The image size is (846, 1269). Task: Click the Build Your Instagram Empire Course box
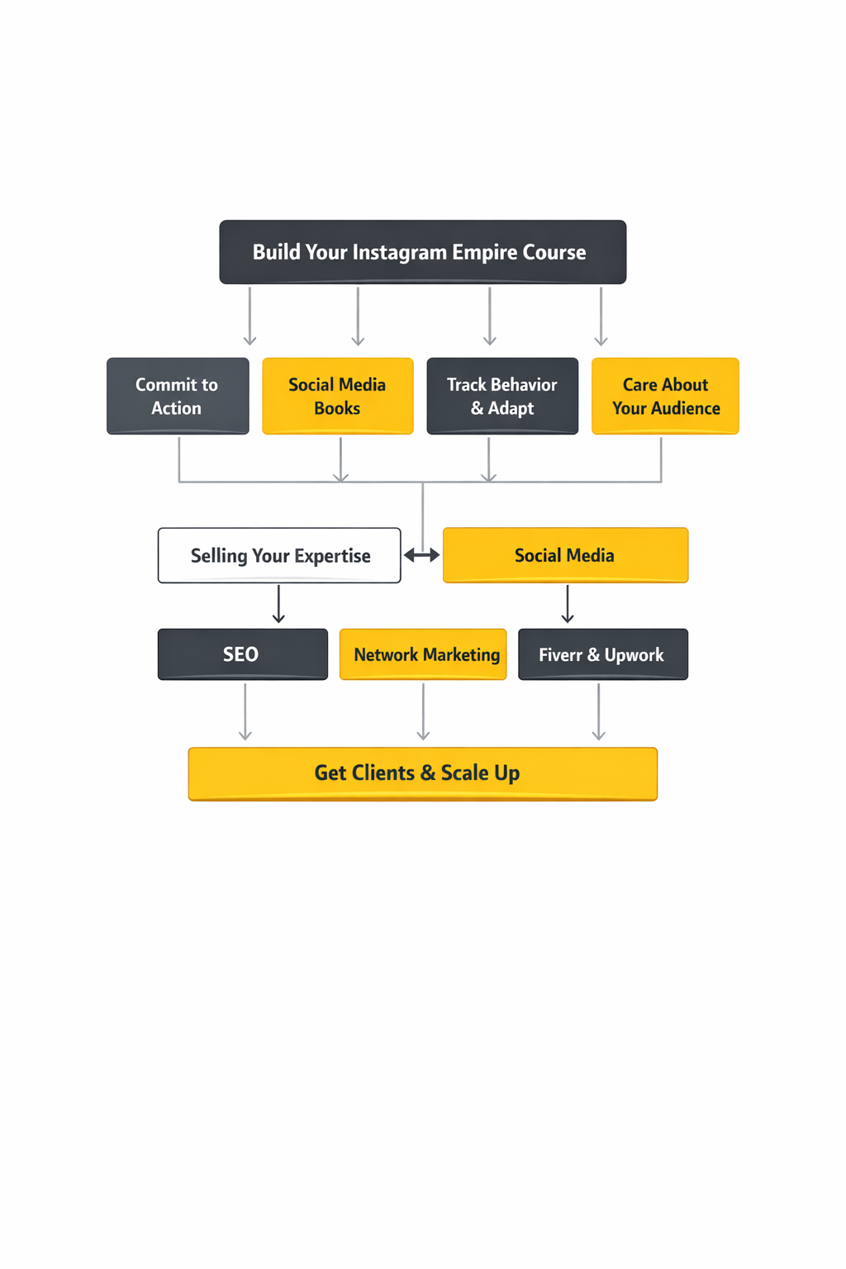[x=422, y=252]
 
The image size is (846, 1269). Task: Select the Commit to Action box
[x=178, y=396]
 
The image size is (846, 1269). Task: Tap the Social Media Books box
[x=337, y=396]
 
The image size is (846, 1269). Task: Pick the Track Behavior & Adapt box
[x=502, y=396]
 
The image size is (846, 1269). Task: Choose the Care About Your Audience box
[x=665, y=396]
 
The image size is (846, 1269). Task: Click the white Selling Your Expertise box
[x=279, y=555]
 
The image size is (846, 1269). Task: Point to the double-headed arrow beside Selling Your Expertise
[x=421, y=555]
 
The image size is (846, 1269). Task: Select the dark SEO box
[x=242, y=654]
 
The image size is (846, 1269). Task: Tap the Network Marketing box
[x=423, y=654]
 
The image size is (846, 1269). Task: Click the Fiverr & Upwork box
[x=602, y=654]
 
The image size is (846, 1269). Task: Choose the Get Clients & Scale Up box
[x=422, y=773]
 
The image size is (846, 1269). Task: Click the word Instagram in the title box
[x=399, y=252]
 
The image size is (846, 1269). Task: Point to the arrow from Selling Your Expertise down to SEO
[x=278, y=604]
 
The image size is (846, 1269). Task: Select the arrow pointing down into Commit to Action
[x=250, y=316]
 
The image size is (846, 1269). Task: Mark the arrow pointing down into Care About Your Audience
[x=601, y=316]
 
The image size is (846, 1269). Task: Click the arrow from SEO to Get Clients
[x=245, y=712]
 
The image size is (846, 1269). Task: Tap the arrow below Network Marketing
[x=423, y=712]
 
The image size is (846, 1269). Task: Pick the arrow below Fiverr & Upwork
[x=598, y=712]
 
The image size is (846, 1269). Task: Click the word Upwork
[x=634, y=655]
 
